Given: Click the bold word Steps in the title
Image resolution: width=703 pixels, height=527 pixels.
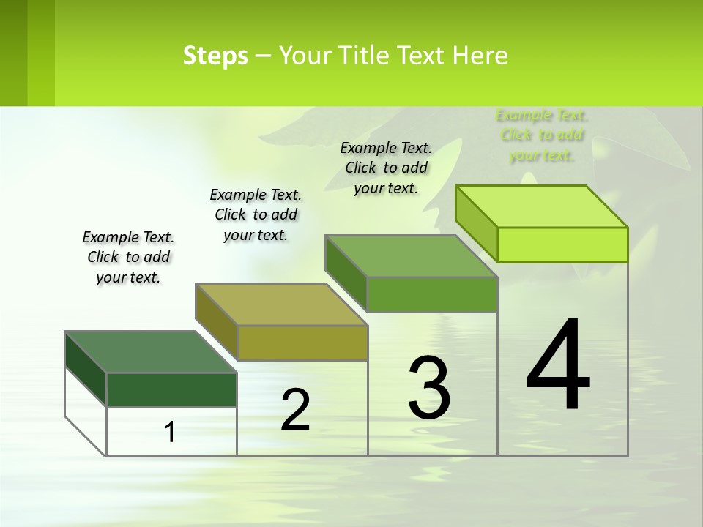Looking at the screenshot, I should pyautogui.click(x=215, y=56).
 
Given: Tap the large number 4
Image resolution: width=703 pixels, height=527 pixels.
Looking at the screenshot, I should pyautogui.click(x=559, y=366).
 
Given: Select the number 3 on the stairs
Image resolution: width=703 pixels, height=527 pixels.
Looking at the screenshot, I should pyautogui.click(x=429, y=388).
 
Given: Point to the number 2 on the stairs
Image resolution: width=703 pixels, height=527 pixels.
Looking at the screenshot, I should pyautogui.click(x=295, y=411).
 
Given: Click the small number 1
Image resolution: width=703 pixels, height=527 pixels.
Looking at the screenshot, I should pyautogui.click(x=169, y=433).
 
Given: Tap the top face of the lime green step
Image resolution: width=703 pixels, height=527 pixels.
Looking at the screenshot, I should pyautogui.click(x=542, y=206).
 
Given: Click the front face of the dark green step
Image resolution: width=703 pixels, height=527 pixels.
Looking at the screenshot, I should pyautogui.click(x=171, y=389).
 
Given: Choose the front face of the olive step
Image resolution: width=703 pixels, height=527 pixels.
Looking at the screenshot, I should pyautogui.click(x=302, y=343).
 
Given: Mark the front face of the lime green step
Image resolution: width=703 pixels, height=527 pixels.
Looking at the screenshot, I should pyautogui.click(x=562, y=244).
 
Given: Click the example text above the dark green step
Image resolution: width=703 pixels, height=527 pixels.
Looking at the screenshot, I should pyautogui.click(x=128, y=257).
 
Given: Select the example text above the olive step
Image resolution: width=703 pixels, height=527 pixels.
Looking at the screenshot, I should pyautogui.click(x=256, y=214).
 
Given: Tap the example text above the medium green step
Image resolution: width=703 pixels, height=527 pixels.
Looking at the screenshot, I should pyautogui.click(x=386, y=168).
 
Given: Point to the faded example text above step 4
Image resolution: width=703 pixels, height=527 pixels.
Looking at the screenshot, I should pyautogui.click(x=542, y=135).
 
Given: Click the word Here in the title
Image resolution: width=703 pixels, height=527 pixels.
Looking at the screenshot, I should pyautogui.click(x=481, y=56).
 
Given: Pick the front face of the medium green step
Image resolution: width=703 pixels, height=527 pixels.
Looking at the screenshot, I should pyautogui.click(x=432, y=294).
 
